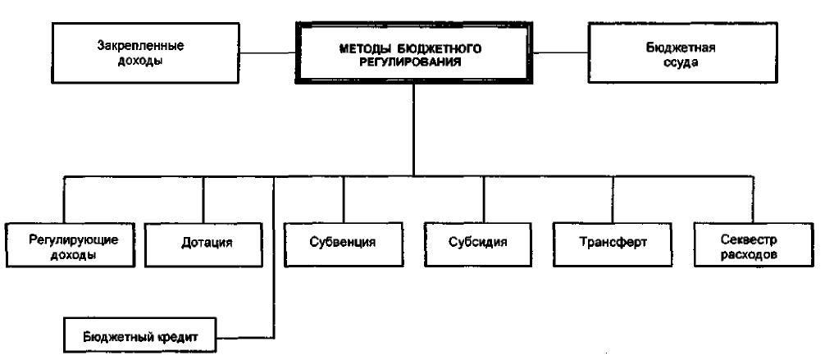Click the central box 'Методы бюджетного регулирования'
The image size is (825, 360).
(413, 53)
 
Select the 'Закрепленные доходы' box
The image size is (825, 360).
(146, 52)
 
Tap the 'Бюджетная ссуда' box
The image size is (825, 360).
(682, 52)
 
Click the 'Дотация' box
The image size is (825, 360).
(203, 244)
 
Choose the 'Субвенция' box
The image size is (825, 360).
(343, 244)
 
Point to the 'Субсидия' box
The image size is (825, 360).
(484, 244)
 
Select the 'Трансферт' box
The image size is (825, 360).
(613, 244)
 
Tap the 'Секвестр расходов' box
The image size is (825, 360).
(754, 244)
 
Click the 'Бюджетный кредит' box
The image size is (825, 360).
(140, 335)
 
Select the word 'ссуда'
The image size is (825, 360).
(682, 62)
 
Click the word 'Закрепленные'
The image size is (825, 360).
(140, 45)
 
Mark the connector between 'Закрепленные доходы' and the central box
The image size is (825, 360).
(267, 52)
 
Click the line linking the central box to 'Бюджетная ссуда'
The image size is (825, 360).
(560, 52)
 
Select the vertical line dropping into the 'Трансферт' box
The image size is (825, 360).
(613, 199)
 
